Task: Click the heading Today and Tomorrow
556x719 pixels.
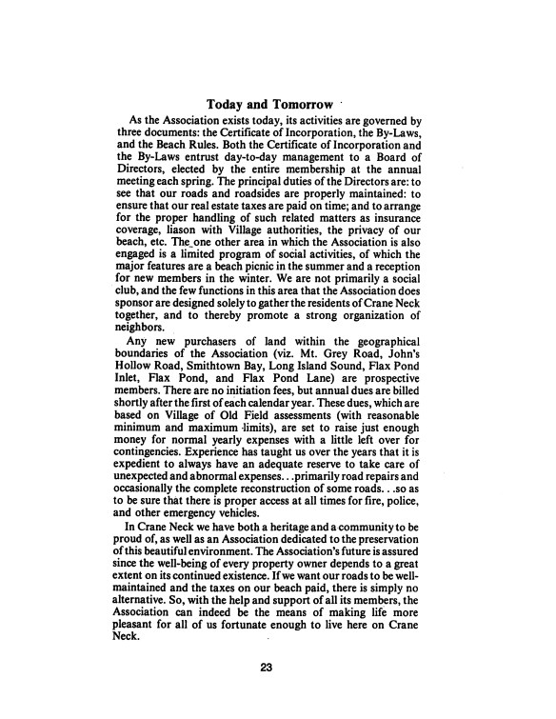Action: coord(269,103)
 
